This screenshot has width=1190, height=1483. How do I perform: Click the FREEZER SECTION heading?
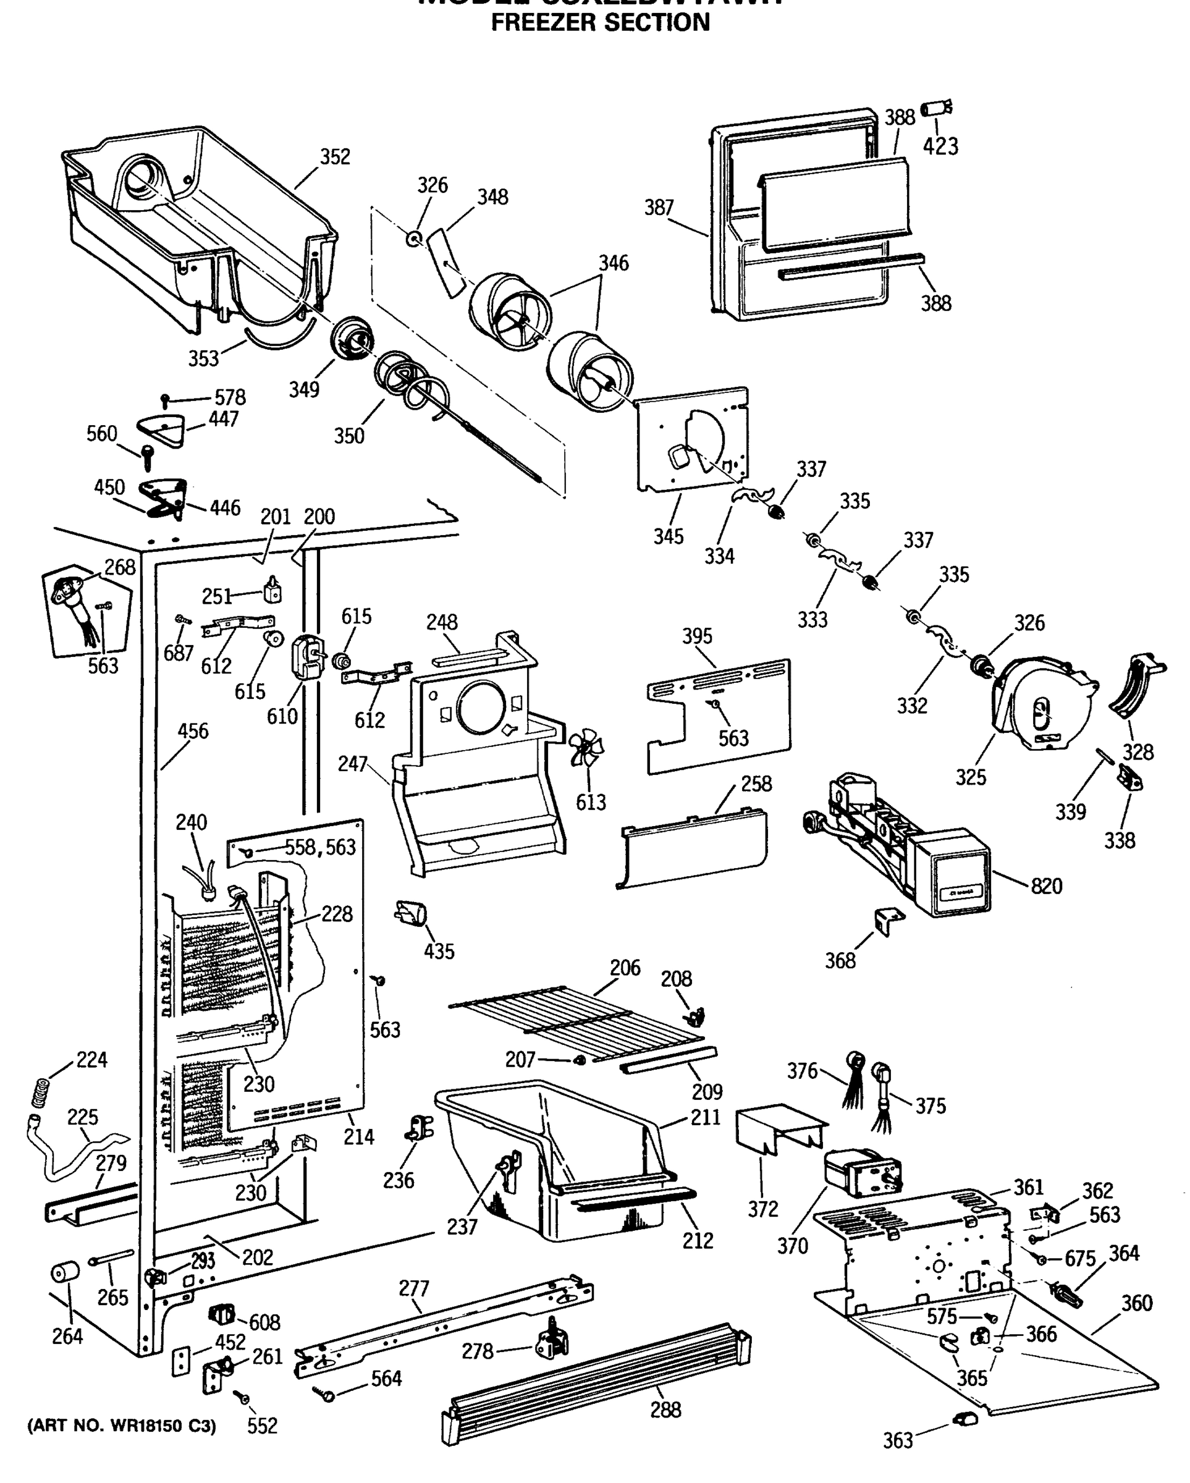[x=600, y=23]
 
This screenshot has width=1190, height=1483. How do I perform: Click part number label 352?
[x=335, y=158]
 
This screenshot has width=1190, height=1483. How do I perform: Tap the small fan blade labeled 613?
[x=586, y=748]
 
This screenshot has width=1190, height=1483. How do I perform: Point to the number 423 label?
[x=940, y=146]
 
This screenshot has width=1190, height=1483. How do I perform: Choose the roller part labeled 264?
[x=65, y=1272]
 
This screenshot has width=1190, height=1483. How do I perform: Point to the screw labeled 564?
[x=324, y=1394]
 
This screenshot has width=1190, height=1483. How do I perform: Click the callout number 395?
[x=697, y=636]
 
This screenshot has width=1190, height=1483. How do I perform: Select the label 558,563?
[x=321, y=847]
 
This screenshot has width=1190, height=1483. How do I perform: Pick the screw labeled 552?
[x=242, y=1397]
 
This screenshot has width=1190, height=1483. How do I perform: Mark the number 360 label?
[x=1136, y=1303]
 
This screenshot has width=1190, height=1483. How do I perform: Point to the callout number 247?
[x=352, y=764]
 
